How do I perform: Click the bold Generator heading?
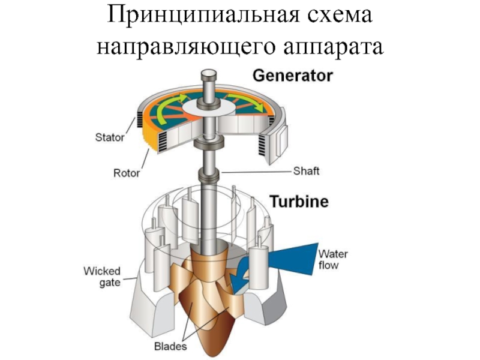pyautogui.click(x=292, y=76)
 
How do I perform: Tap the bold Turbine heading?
pyautogui.click(x=299, y=202)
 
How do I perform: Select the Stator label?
pyautogui.click(x=110, y=137)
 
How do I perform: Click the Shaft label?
pyautogui.click(x=306, y=171)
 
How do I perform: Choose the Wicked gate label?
pyautogui.click(x=101, y=277)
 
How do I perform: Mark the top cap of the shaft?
pyautogui.click(x=209, y=75)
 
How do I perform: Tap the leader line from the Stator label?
pyautogui.click(x=133, y=130)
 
